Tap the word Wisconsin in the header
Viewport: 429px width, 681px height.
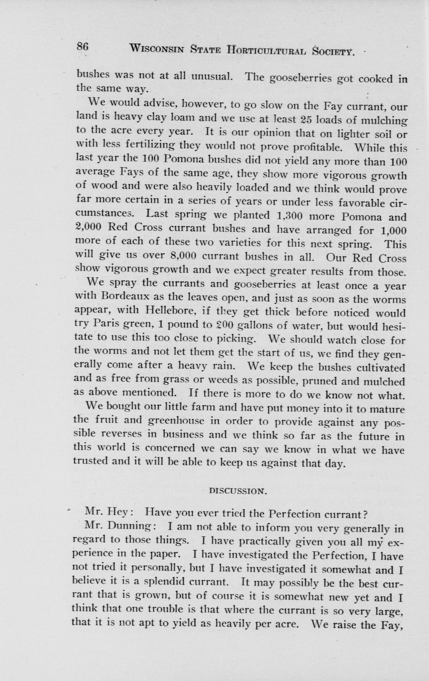(x=156, y=50)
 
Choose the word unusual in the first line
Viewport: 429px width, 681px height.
(x=212, y=76)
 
